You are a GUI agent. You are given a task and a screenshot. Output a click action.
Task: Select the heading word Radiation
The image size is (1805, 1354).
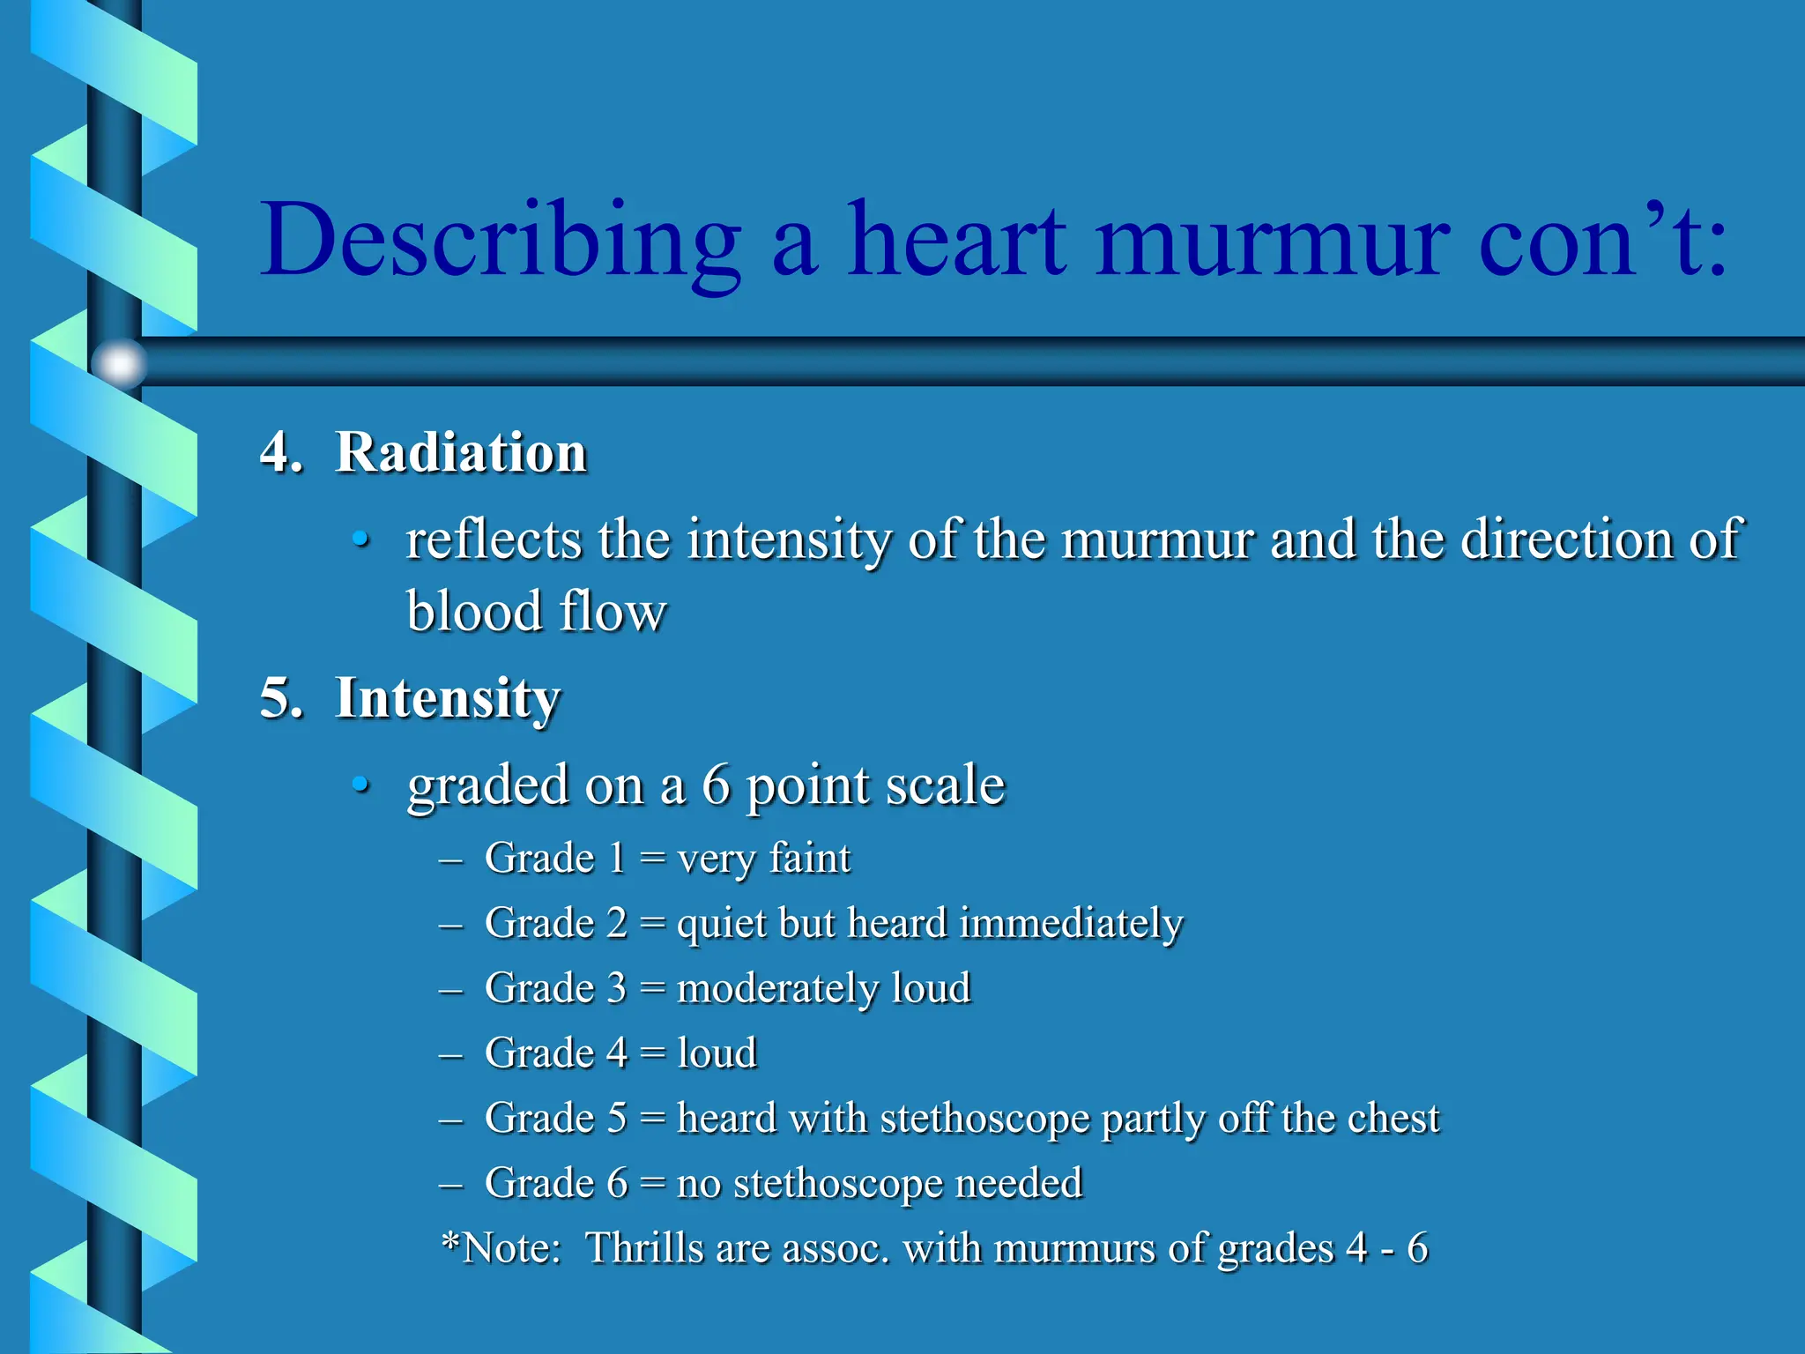(x=461, y=453)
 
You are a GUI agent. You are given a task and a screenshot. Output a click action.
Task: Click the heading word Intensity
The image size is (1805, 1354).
(x=448, y=699)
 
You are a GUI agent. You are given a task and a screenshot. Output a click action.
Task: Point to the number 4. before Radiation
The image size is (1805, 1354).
(x=281, y=453)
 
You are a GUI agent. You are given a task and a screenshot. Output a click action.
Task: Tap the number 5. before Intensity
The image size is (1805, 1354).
(x=281, y=699)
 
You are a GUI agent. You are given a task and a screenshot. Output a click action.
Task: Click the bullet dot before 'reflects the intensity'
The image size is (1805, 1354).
(x=360, y=539)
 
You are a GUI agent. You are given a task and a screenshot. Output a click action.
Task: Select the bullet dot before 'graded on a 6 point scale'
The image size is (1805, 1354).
(x=360, y=784)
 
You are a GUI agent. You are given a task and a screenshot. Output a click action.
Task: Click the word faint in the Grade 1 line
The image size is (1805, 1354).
(x=810, y=858)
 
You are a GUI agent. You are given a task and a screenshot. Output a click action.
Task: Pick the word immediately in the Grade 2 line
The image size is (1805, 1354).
(x=1071, y=923)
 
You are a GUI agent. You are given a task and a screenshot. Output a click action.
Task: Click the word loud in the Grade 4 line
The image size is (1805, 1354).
(x=717, y=1053)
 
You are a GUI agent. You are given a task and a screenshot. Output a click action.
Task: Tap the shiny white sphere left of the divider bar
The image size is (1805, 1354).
(x=119, y=362)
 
